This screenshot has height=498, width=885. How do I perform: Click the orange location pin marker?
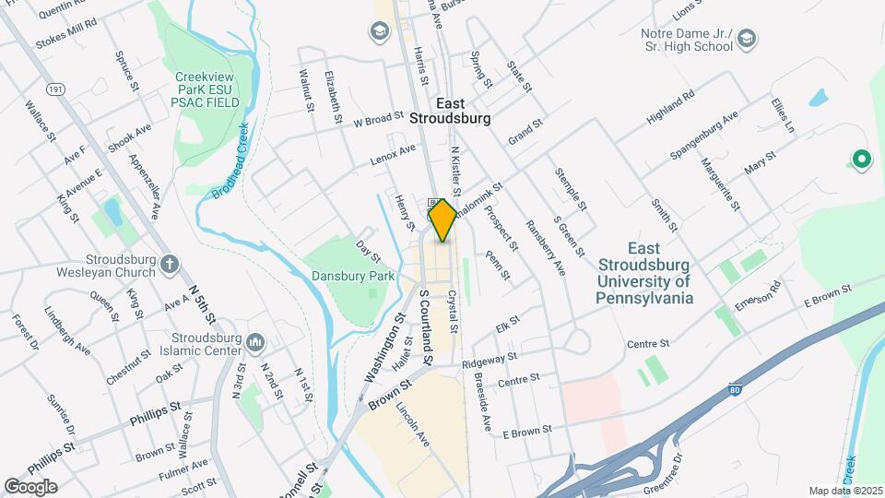point(442,220)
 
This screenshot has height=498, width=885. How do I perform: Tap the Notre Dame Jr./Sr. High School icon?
point(747,39)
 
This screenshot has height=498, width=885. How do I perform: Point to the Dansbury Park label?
point(353,276)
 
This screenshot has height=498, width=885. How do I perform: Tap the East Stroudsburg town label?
point(450,112)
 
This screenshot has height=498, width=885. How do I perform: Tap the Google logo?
point(30,486)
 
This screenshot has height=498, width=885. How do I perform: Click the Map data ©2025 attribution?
point(844,491)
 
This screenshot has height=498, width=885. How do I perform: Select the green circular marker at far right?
point(862,160)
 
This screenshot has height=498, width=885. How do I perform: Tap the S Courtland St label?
point(426,319)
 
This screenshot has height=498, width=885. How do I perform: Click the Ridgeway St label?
point(490,357)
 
